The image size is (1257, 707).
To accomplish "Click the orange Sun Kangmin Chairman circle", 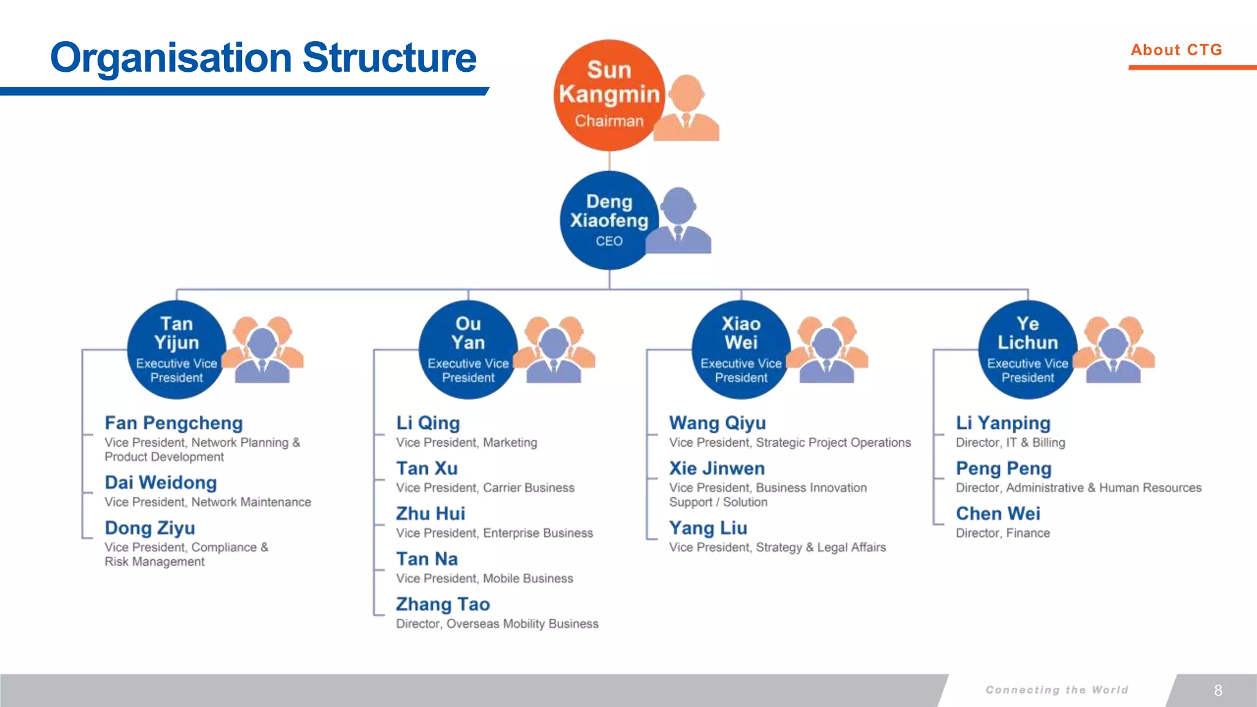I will pyautogui.click(x=609, y=95).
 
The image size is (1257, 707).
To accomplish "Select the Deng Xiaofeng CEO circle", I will pyautogui.click(x=609, y=220).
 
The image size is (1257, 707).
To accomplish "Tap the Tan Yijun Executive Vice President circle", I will pyautogui.click(x=176, y=350).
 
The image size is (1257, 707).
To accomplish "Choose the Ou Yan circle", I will pyautogui.click(x=468, y=350).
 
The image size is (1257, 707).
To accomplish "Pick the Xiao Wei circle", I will pyautogui.click(x=741, y=350).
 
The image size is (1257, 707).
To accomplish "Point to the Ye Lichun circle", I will pyautogui.click(x=1027, y=350).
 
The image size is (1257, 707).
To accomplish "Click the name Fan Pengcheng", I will pyautogui.click(x=174, y=423).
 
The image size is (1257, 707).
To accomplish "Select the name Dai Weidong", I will pyautogui.click(x=161, y=482).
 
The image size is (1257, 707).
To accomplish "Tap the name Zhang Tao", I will pyautogui.click(x=443, y=605).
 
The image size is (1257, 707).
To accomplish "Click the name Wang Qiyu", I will pyautogui.click(x=717, y=423).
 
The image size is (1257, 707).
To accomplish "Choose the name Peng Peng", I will pyautogui.click(x=1004, y=468).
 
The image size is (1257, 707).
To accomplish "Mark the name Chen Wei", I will pyautogui.click(x=998, y=514).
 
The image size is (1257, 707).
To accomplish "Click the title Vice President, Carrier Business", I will pyautogui.click(x=485, y=488).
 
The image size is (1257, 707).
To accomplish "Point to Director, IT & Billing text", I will pyautogui.click(x=1010, y=442).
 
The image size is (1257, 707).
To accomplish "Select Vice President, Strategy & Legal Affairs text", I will pyautogui.click(x=778, y=547).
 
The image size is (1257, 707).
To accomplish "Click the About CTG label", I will pyautogui.click(x=1176, y=50).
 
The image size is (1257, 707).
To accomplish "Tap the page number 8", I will pyautogui.click(x=1218, y=690).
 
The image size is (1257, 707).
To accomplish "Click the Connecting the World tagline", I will pyautogui.click(x=1057, y=690).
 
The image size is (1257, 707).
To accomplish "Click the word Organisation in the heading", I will pyautogui.click(x=171, y=58).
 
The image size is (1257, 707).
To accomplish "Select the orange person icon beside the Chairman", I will pyautogui.click(x=687, y=109).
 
